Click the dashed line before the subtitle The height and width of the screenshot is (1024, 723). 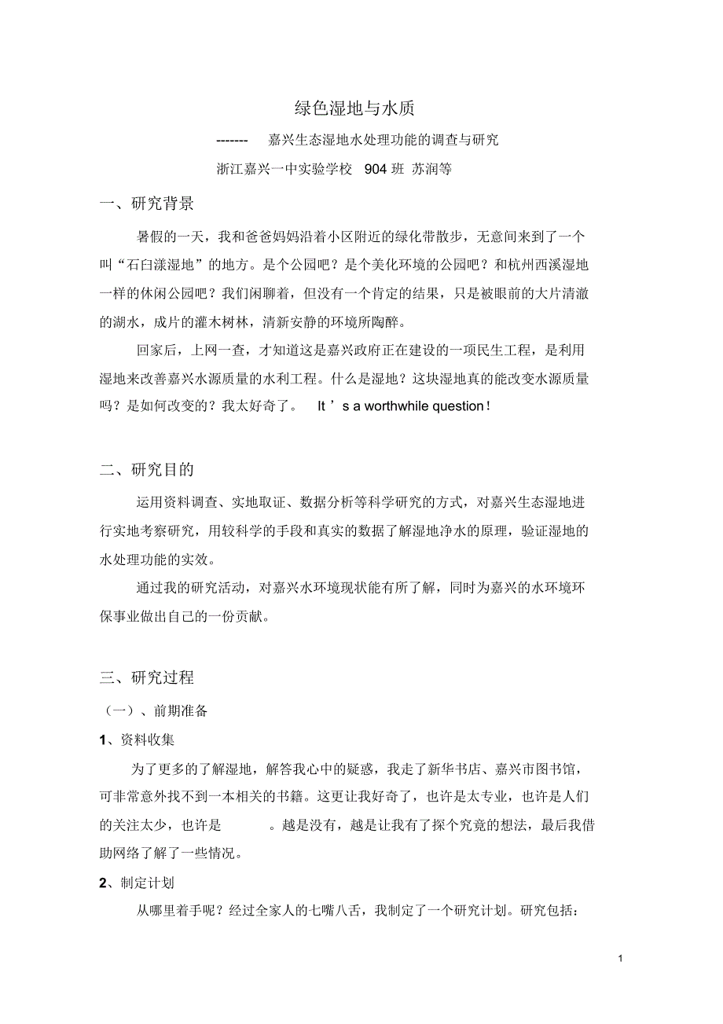coord(232,141)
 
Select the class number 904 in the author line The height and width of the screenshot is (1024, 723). coord(376,169)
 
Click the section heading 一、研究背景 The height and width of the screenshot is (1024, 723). coord(147,204)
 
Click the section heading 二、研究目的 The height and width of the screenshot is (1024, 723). coord(147,470)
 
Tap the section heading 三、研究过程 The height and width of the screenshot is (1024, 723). coord(147,677)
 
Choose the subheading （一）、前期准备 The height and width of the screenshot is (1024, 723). coord(156,710)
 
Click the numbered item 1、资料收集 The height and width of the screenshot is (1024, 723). coord(138,740)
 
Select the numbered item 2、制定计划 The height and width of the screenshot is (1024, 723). coord(138,883)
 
